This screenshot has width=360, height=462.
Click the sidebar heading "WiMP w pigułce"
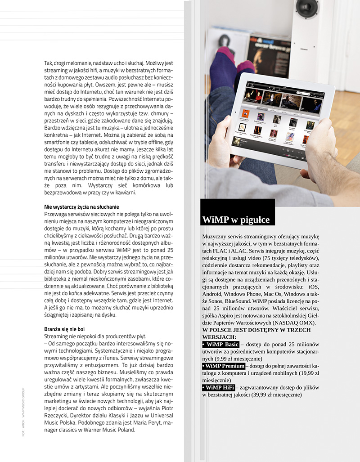pyautogui.click(x=236, y=220)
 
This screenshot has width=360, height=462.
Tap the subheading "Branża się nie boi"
pyautogui.click(x=64, y=329)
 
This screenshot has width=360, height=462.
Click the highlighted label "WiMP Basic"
pyautogui.click(x=220, y=345)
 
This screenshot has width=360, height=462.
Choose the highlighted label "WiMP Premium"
pyautogui.click(x=224, y=366)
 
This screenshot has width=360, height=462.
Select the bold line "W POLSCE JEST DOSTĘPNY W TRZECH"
pyautogui.click(x=256, y=330)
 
